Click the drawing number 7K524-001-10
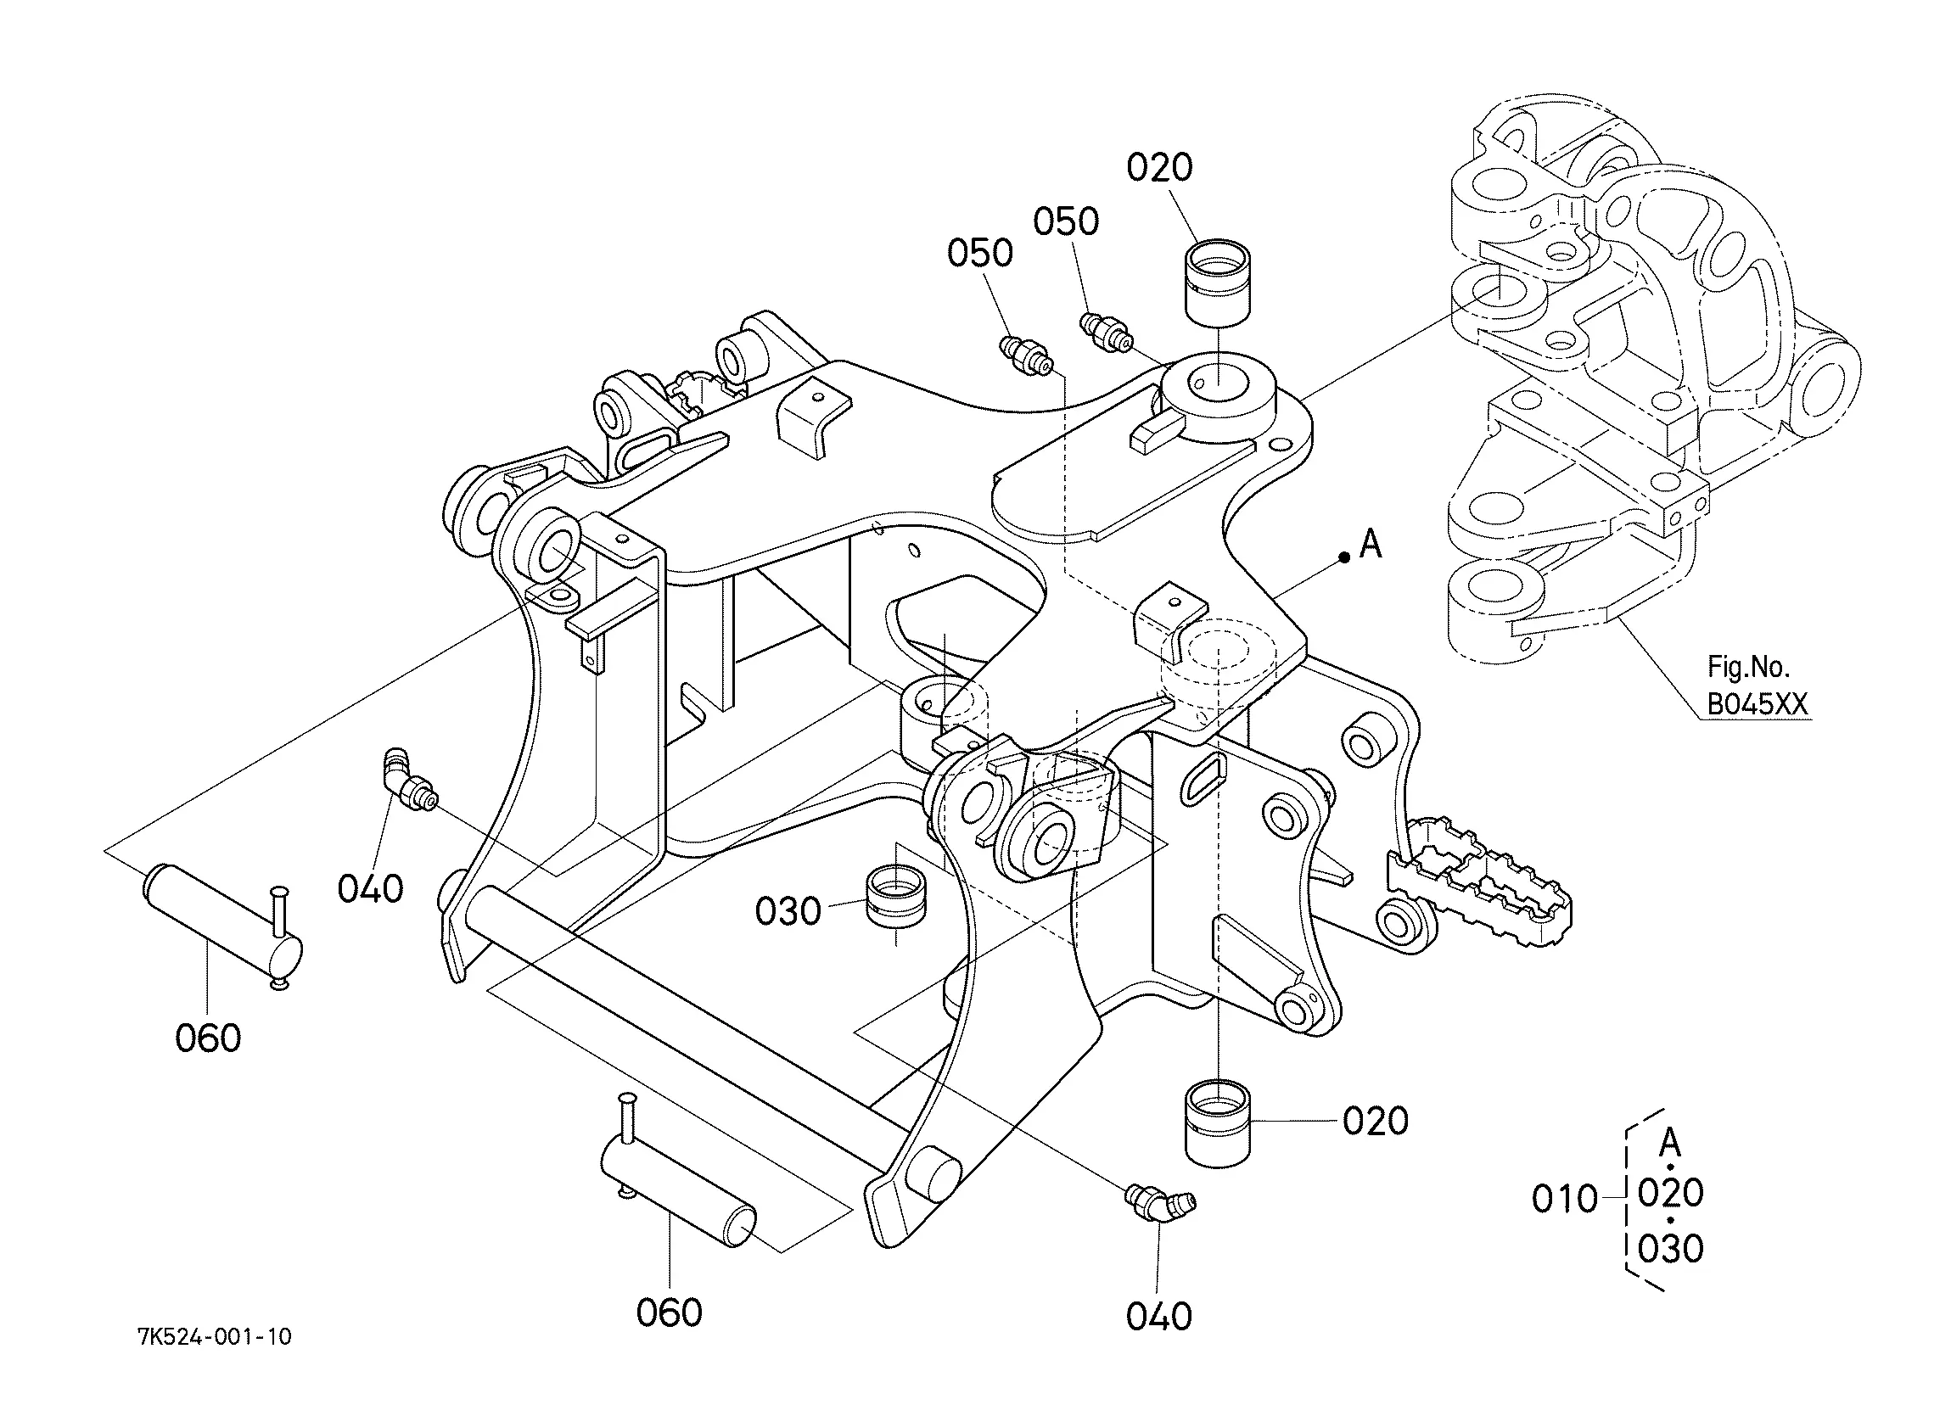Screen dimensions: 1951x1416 215,1336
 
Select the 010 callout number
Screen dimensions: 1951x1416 1565,1198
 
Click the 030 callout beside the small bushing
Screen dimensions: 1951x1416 788,911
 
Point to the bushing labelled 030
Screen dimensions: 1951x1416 897,909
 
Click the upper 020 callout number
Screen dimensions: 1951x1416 1159,167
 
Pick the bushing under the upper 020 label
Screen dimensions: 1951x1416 1219,284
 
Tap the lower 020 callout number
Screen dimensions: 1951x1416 1376,1121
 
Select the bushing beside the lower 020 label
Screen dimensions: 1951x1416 1219,1122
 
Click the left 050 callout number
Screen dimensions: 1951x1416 980,253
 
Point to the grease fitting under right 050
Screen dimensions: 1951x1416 1106,333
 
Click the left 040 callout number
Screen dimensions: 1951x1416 370,888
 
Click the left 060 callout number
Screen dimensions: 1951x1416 207,1038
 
